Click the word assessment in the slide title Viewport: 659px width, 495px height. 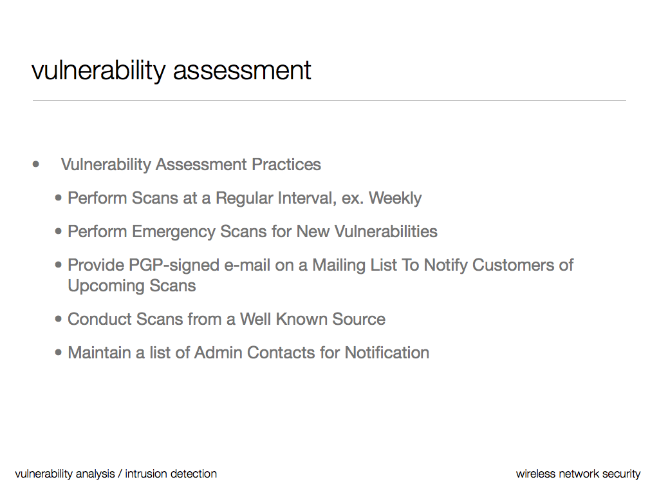(x=242, y=70)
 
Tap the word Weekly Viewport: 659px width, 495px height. (x=395, y=199)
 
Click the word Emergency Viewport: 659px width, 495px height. (x=174, y=232)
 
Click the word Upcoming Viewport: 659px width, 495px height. (x=106, y=286)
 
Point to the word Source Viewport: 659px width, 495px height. (x=358, y=319)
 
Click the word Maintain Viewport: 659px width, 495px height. (x=99, y=353)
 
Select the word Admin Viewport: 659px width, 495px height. (x=218, y=353)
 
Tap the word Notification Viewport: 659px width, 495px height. (x=387, y=353)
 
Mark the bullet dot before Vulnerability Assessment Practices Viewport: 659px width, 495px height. (x=36, y=164)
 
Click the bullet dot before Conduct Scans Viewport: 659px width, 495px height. (x=59, y=320)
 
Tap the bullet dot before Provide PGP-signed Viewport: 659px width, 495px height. (x=59, y=266)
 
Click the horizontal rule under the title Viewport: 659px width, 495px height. (x=329, y=100)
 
